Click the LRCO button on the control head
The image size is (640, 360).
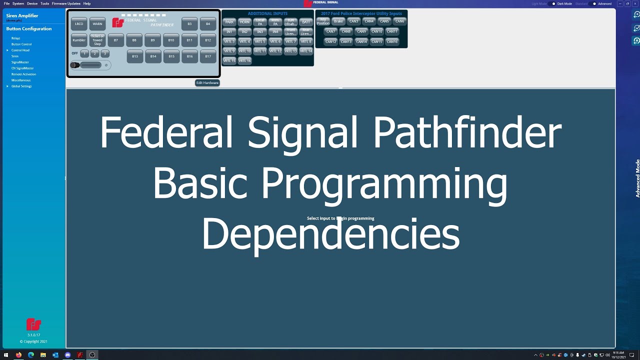pyautogui.click(x=79, y=23)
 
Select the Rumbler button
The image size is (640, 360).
pyautogui.click(x=79, y=40)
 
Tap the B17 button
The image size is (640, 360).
pyautogui.click(x=208, y=56)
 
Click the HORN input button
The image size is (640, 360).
pyautogui.click(x=244, y=22)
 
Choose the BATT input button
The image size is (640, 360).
pyautogui.click(x=306, y=22)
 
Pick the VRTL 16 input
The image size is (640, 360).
pyautogui.click(x=244, y=60)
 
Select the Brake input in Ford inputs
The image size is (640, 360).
pyautogui.click(x=338, y=21)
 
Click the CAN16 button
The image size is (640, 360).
pyautogui.click(x=392, y=41)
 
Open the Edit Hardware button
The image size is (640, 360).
pyautogui.click(x=207, y=82)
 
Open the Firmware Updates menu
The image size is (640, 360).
pyautogui.click(x=66, y=3)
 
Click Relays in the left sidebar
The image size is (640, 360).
pyautogui.click(x=15, y=38)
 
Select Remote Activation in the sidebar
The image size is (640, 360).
pyautogui.click(x=23, y=74)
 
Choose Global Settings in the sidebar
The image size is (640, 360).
pyautogui.click(x=21, y=86)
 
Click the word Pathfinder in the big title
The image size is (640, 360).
pyautogui.click(x=467, y=133)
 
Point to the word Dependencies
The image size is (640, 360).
pyautogui.click(x=330, y=235)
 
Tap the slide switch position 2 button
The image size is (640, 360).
pyautogui.click(x=94, y=53)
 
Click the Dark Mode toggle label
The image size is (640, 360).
pyautogui.click(x=564, y=3)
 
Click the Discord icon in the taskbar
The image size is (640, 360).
pyautogui.click(x=67, y=355)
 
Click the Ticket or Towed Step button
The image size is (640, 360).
pyautogui.click(x=97, y=40)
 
